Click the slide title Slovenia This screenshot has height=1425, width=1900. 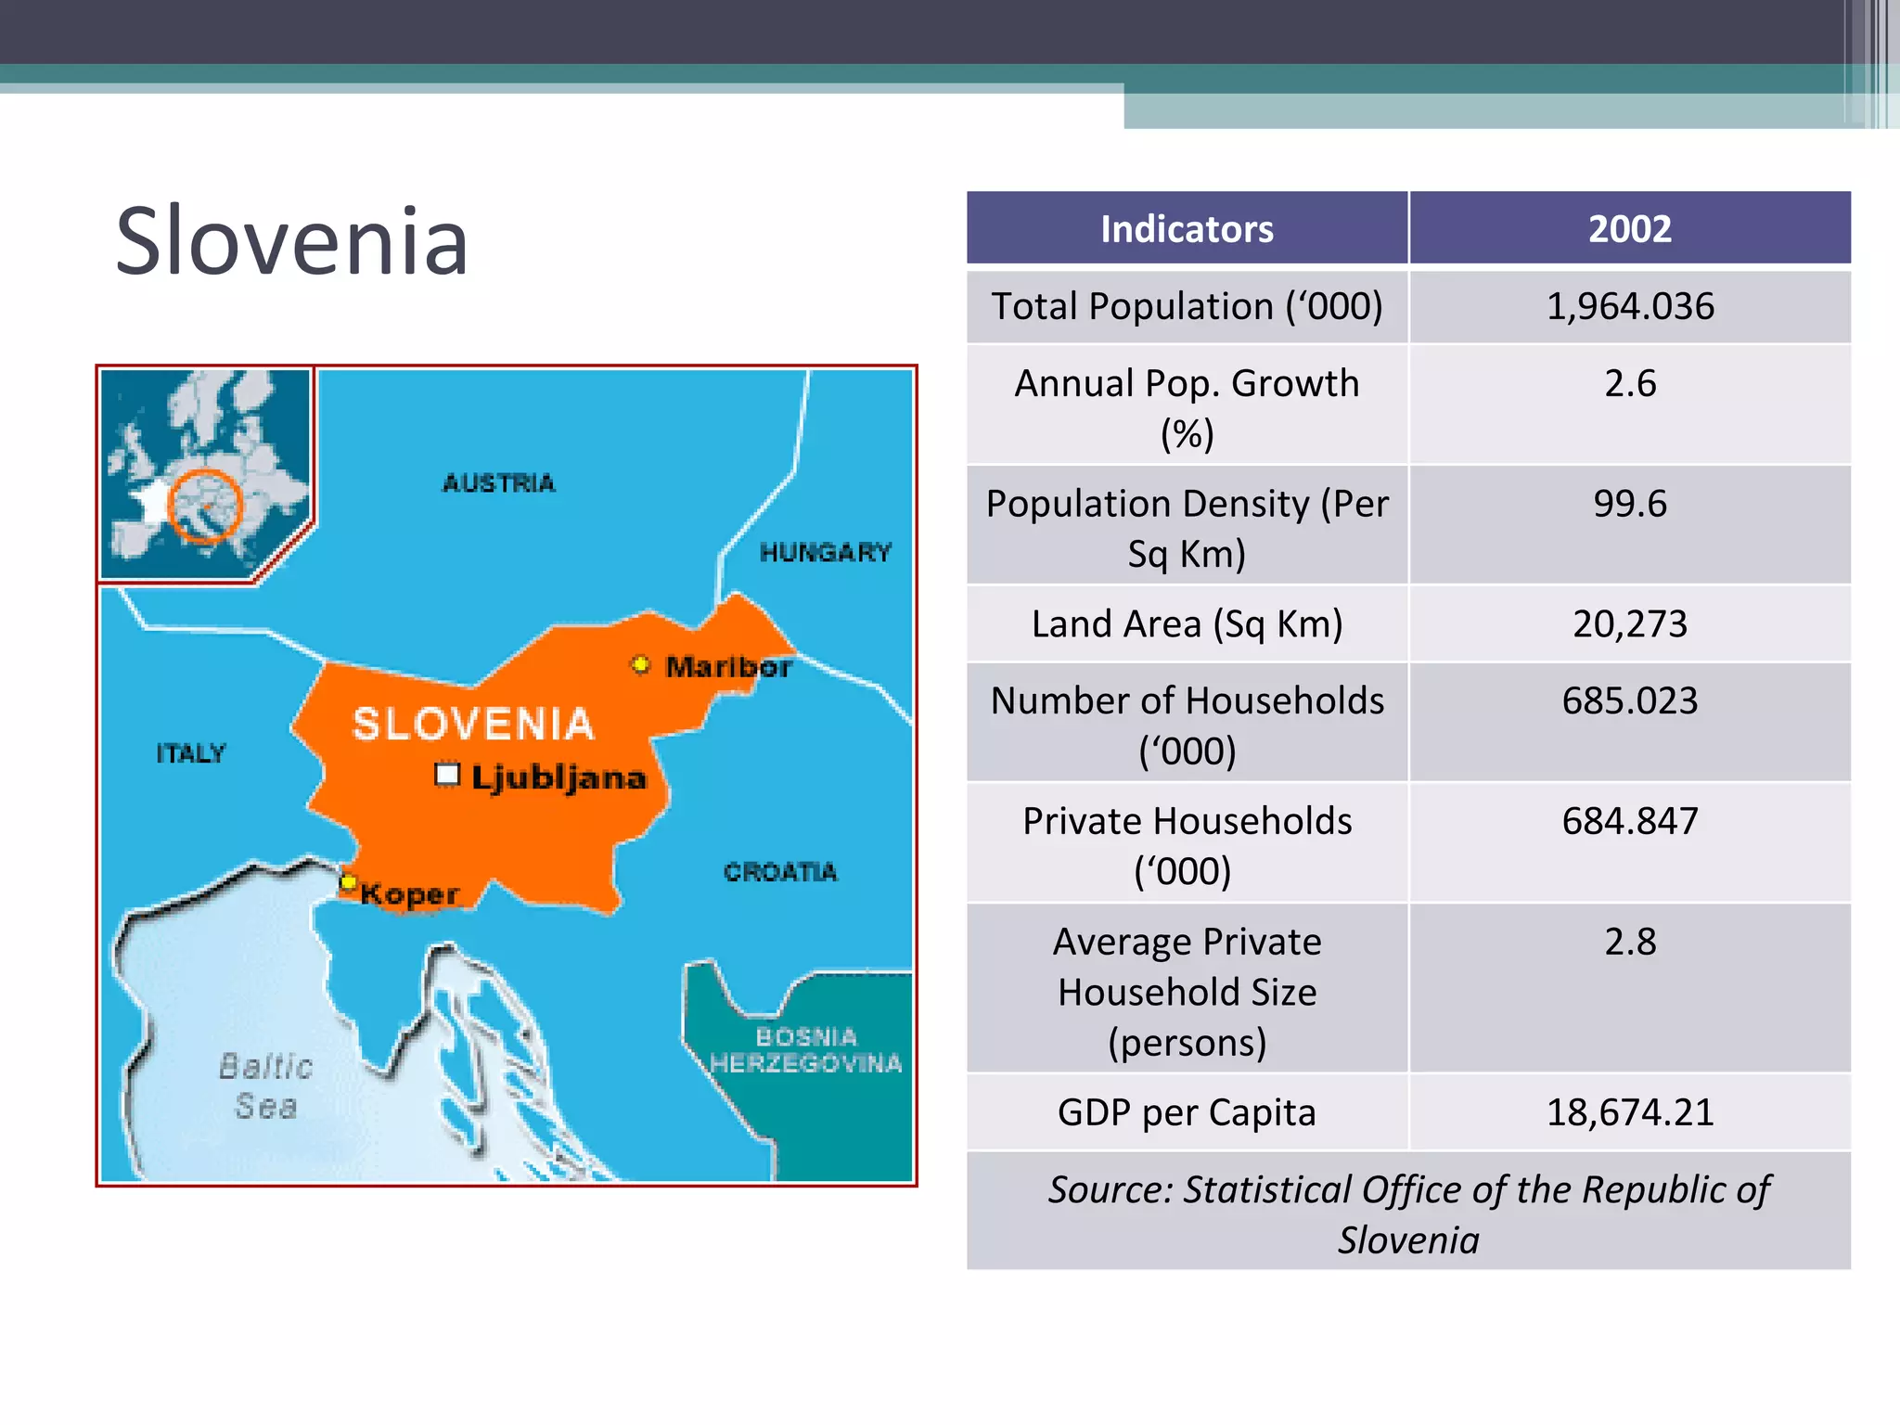coord(291,242)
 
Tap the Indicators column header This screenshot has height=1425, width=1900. coord(1187,229)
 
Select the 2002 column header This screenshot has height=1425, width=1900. coord(1629,229)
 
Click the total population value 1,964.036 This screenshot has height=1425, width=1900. coord(1629,307)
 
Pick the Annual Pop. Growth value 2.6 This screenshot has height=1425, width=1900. coord(1629,384)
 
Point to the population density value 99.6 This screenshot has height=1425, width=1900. coord(1629,504)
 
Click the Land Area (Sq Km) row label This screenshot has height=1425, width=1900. coord(1187,624)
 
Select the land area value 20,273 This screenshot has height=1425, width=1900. coord(1629,624)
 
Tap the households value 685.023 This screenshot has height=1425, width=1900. coord(1629,701)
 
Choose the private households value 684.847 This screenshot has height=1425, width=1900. coord(1629,822)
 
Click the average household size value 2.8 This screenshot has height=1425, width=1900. coord(1629,943)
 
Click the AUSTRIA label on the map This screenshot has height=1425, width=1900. coord(498,483)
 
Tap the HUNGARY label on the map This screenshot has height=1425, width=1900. coord(825,553)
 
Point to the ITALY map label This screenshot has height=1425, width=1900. coord(191,753)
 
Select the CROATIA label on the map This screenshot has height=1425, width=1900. coord(780,872)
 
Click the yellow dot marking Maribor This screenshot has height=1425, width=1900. coord(640,664)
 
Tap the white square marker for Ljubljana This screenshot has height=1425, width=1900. coord(447,775)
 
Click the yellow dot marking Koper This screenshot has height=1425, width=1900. coord(348,881)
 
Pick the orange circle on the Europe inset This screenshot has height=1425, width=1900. coord(205,506)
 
